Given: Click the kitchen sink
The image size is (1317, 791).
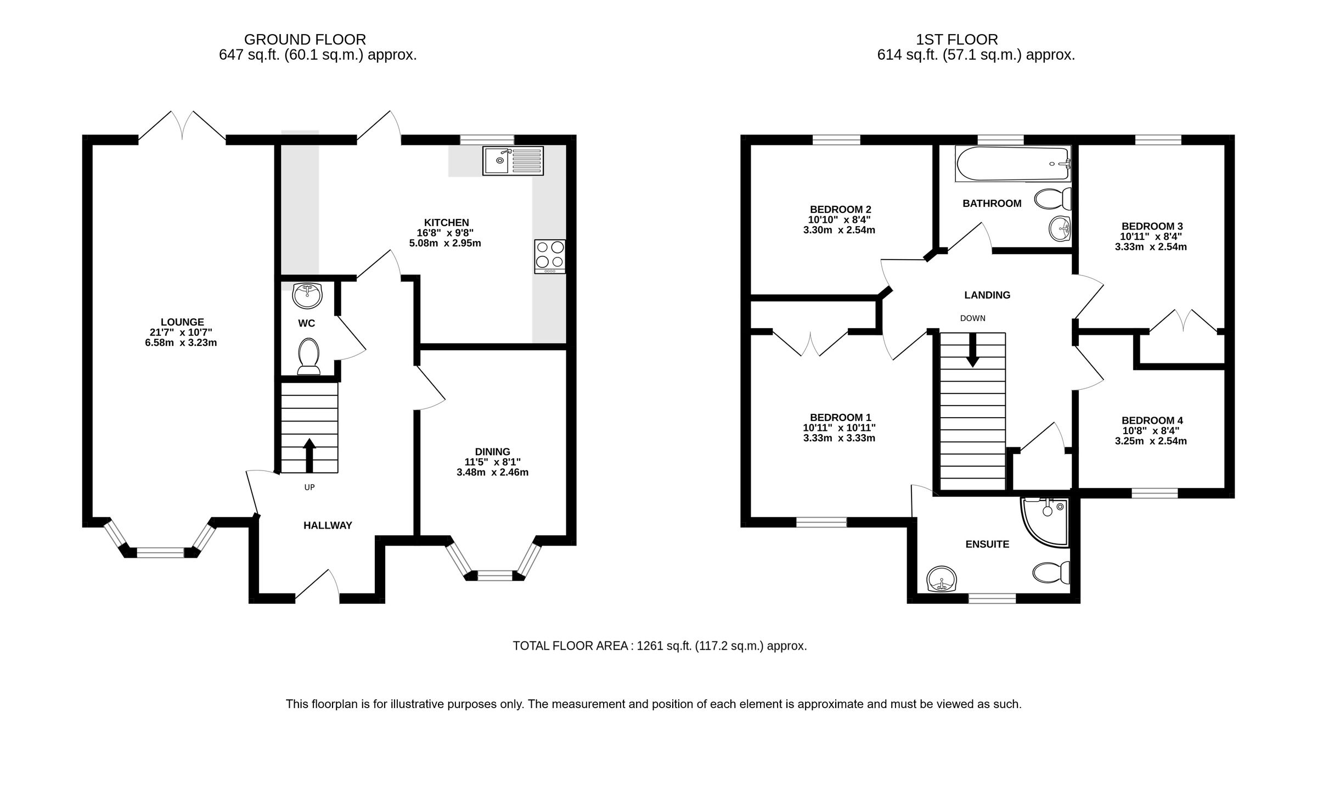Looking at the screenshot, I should click(x=513, y=160).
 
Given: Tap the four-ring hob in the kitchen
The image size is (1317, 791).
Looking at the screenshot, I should click(x=550, y=256).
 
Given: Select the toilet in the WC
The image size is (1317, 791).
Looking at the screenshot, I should click(x=308, y=355).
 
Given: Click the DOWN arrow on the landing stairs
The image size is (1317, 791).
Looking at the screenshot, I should click(x=972, y=350).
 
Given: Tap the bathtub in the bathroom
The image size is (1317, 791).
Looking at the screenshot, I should click(x=1012, y=164).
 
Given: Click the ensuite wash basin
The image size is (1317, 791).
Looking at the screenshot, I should click(x=941, y=580).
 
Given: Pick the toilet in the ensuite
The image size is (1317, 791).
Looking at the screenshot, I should click(x=1051, y=573).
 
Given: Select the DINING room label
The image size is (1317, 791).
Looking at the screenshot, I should click(x=492, y=452).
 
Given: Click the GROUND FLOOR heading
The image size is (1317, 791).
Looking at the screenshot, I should click(x=305, y=40).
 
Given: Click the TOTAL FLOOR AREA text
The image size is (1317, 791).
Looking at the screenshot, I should click(x=660, y=646).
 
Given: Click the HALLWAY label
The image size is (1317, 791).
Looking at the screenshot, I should click(x=328, y=525).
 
